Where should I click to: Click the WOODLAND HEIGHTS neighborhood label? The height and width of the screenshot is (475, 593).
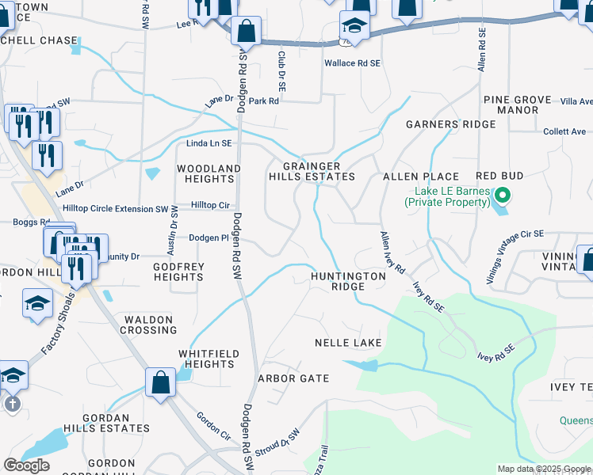(x=209, y=174)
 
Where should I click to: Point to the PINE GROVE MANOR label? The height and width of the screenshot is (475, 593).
(x=513, y=105)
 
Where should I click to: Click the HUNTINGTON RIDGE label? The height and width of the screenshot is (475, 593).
(x=348, y=282)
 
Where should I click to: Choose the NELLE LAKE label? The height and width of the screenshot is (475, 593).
(x=348, y=343)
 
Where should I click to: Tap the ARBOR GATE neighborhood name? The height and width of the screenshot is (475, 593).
(x=293, y=378)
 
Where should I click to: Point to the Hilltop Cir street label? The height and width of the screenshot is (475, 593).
(x=210, y=205)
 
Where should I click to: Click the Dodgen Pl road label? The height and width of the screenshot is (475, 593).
(x=209, y=237)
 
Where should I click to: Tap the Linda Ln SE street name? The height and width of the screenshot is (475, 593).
(x=209, y=143)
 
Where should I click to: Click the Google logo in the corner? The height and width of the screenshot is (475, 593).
(x=26, y=465)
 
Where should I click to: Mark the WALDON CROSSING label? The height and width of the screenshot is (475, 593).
(x=148, y=325)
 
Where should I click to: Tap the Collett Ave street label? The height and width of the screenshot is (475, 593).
(x=564, y=131)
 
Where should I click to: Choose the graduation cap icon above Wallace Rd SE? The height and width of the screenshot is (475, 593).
(x=354, y=26)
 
